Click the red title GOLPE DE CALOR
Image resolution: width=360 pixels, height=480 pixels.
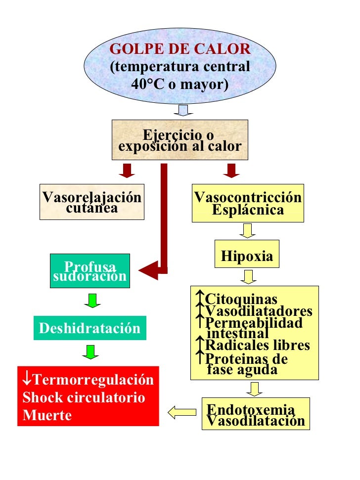pos(180,49)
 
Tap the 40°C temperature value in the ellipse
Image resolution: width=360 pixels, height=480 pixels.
pos(146,84)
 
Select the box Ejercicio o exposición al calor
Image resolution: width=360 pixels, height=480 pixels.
pos(180,140)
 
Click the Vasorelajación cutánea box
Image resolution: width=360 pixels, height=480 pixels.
pos(92,202)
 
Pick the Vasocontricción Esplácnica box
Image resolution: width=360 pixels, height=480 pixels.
pos(248,203)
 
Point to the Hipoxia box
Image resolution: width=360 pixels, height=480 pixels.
pos(247,256)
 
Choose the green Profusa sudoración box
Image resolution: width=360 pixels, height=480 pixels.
pos(90,271)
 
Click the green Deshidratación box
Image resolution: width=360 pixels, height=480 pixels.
pos(90,328)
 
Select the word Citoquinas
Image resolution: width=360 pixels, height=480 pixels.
pos(241,300)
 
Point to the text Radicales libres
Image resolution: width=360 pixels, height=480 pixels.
pos(258,345)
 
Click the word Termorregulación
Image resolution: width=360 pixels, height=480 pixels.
pos(93,380)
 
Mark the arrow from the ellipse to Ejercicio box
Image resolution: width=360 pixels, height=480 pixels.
pos(183,110)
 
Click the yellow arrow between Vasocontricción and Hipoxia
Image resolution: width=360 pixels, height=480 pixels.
pos(247,230)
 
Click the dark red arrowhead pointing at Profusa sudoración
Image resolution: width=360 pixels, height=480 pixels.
pos(148,270)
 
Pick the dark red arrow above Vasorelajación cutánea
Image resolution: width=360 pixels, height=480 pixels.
pos(128,171)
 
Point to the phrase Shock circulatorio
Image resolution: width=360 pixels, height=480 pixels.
pos(84,397)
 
